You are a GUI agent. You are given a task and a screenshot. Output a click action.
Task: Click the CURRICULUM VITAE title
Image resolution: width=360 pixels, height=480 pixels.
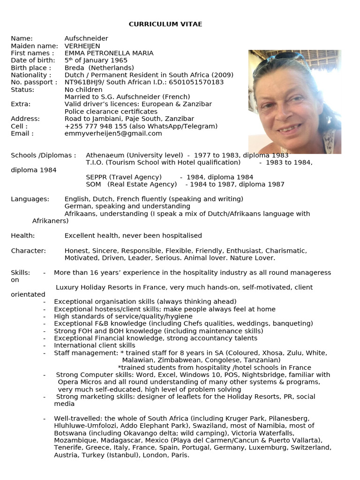point(165,24)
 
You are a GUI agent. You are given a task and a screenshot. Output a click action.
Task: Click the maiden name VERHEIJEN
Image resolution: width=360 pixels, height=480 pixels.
point(82,46)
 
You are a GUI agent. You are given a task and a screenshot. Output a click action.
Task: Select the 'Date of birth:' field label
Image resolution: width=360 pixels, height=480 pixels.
point(30,60)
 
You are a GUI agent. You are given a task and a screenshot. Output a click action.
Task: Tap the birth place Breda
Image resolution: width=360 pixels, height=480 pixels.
point(74,68)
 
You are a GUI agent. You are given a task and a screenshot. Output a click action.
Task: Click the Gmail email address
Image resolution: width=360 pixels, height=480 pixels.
point(113,134)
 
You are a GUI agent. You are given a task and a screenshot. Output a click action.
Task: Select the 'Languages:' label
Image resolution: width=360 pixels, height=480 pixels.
point(30,199)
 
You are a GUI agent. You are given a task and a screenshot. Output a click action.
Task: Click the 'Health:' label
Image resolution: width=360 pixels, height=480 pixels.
point(23,236)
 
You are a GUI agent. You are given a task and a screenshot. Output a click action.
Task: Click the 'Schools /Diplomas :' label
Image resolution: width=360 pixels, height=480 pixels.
point(43,155)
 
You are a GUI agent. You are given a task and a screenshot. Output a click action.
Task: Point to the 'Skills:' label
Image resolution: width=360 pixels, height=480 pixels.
point(21,273)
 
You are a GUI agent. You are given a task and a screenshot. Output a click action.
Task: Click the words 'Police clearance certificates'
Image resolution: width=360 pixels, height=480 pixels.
point(111,112)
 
